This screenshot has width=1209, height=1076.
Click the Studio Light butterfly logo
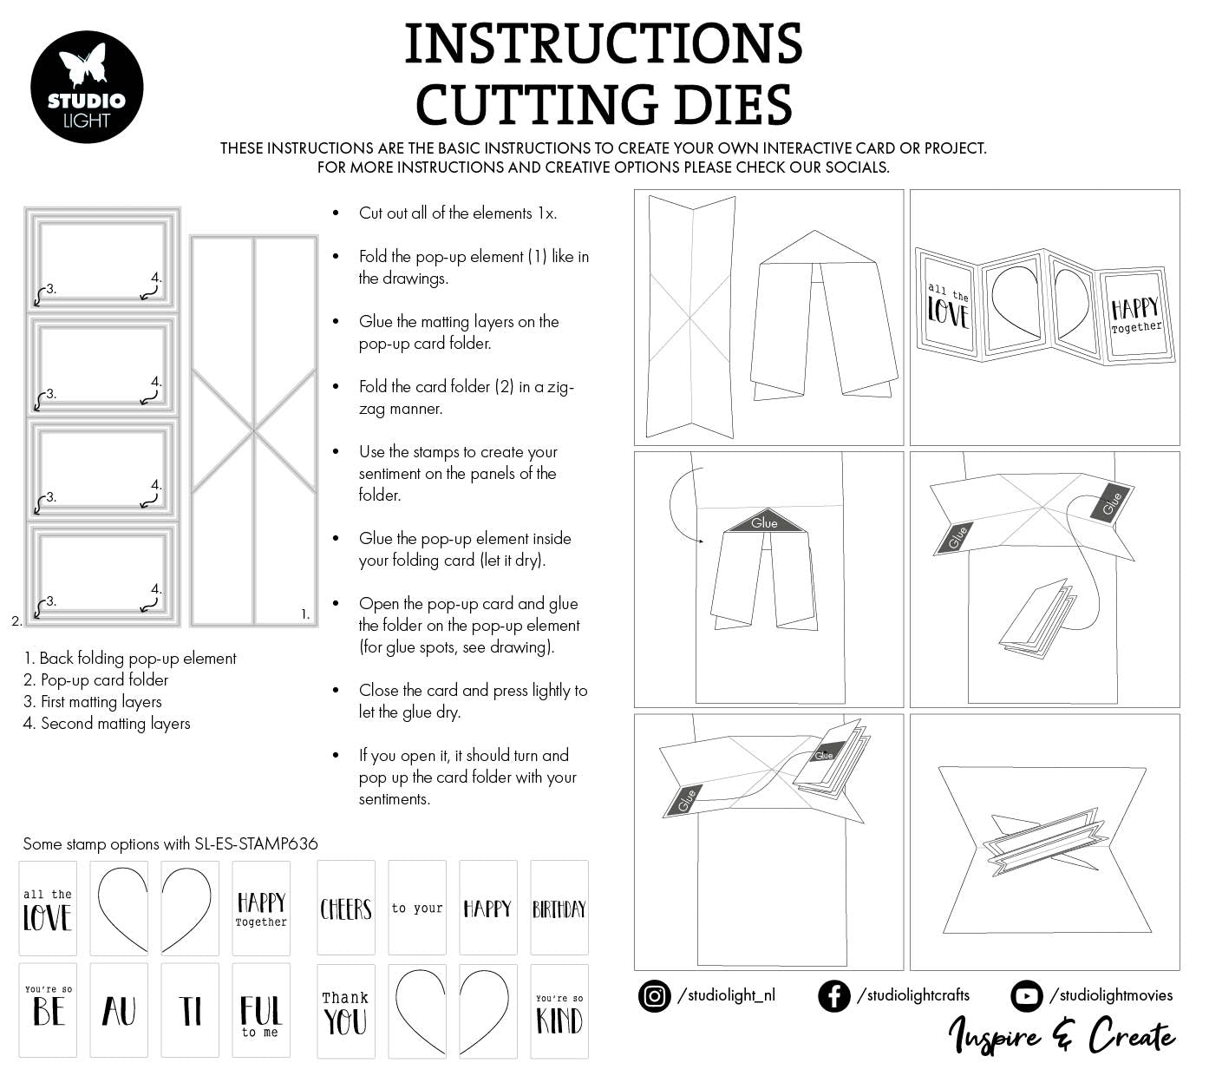(x=87, y=87)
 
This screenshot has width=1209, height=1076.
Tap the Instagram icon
(x=654, y=995)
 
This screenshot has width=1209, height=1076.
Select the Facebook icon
(x=833, y=995)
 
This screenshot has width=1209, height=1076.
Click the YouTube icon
(x=1026, y=995)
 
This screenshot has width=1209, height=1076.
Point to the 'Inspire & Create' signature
(x=1062, y=1035)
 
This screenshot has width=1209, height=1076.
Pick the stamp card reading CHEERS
(x=346, y=908)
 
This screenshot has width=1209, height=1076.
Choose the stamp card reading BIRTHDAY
(x=559, y=908)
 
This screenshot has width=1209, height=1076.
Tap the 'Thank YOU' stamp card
(x=346, y=1012)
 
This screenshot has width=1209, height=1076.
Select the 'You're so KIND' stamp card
(x=559, y=1012)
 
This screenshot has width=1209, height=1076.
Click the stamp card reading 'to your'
(x=417, y=908)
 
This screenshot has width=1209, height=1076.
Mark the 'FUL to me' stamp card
(x=261, y=1012)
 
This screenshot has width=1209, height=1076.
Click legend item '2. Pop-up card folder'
(x=96, y=680)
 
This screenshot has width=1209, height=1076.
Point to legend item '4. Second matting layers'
(x=107, y=724)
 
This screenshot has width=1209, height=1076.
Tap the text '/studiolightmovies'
(x=1111, y=995)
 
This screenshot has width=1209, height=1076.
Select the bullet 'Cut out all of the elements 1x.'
(x=458, y=213)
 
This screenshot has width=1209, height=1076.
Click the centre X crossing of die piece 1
(x=254, y=430)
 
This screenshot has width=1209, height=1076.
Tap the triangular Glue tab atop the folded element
(x=764, y=521)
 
